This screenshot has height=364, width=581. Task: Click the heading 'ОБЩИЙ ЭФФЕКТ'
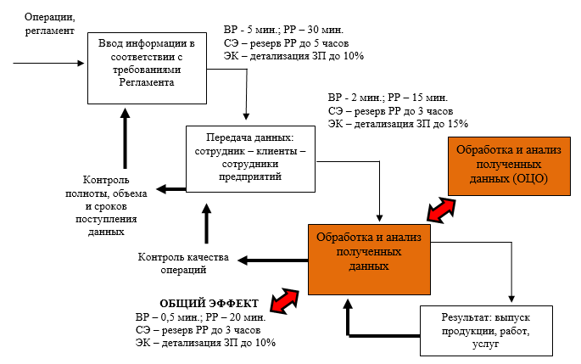pyautogui.click(x=209, y=303)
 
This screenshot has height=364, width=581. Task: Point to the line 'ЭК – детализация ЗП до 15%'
pyautogui.click(x=397, y=125)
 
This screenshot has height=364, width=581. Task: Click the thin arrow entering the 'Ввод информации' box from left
pyautogui.click(x=51, y=63)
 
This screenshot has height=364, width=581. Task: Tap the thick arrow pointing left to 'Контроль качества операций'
pyautogui.click(x=271, y=256)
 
